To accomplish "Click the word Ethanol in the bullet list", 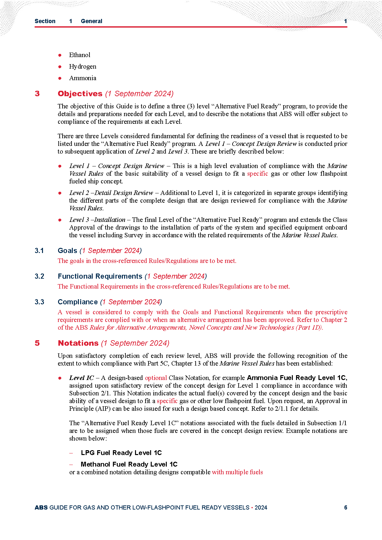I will click(80, 55).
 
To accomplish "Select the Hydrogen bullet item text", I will click(82, 66).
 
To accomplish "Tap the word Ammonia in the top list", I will click(82, 78).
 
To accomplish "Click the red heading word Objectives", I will click(80, 94).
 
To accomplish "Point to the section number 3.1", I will click(39, 251).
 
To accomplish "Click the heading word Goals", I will click(67, 251).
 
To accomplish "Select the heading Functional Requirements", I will click(100, 276).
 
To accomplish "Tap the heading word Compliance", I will click(78, 302).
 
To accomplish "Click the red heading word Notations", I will click(78, 343).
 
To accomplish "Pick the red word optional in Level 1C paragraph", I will click(156, 378).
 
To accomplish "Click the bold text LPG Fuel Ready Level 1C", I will click(121, 453).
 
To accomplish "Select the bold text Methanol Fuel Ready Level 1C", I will click(129, 464).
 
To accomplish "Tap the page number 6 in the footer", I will click(345, 508).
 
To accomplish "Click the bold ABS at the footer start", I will click(41, 508).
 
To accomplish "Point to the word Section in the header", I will click(45, 21).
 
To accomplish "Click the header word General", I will click(91, 21).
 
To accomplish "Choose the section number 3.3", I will click(39, 302).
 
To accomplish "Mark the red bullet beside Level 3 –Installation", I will click(60, 220).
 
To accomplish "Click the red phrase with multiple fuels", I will click(237, 472).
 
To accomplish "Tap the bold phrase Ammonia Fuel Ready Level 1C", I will click(297, 378).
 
